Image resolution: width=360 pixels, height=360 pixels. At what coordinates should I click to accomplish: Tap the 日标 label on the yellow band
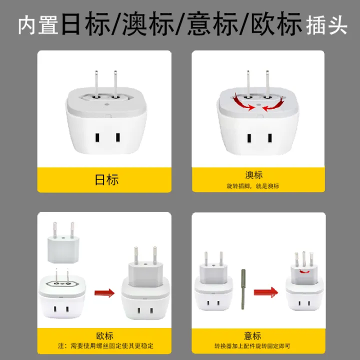[x=106, y=179]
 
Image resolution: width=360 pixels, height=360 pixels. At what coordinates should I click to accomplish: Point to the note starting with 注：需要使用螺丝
[x=105, y=345]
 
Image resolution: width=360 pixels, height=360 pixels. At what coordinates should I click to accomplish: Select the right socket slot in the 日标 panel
[x=118, y=137]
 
